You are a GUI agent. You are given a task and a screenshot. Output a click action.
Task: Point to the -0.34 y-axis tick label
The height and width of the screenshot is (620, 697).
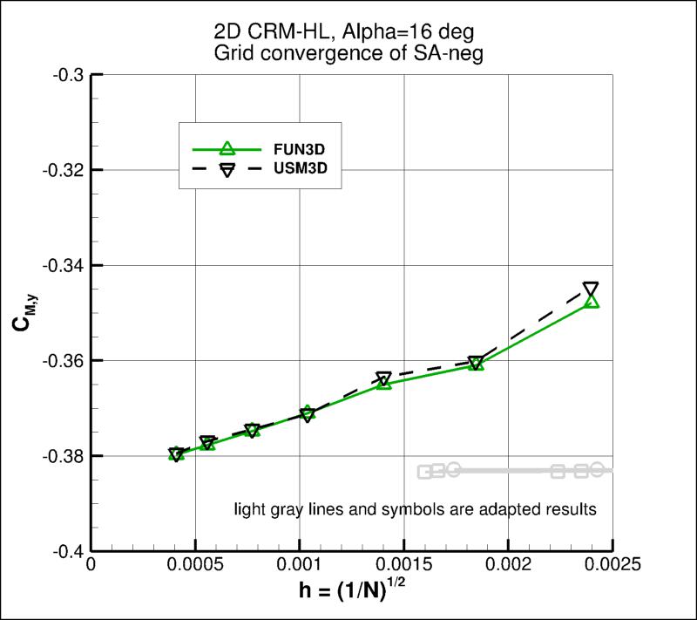pyautogui.click(x=64, y=265)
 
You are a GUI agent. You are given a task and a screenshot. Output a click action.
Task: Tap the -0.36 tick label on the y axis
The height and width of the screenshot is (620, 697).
pyautogui.click(x=64, y=361)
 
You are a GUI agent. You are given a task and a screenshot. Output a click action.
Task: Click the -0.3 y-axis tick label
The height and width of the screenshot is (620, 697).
pyautogui.click(x=69, y=75)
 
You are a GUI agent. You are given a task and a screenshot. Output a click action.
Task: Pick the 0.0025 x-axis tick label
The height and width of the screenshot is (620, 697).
pyautogui.click(x=612, y=565)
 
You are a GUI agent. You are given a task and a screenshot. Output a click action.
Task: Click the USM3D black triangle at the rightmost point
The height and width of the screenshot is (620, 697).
pyautogui.click(x=591, y=289)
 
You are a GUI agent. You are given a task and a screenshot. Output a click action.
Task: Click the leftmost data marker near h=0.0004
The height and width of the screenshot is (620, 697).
pyautogui.click(x=177, y=454)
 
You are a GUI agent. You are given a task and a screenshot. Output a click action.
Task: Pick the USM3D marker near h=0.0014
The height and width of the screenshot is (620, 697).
pyautogui.click(x=383, y=378)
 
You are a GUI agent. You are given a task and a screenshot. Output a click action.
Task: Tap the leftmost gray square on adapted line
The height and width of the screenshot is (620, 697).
pyautogui.click(x=425, y=473)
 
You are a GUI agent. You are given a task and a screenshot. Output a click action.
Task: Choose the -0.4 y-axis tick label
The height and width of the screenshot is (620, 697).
pyautogui.click(x=69, y=551)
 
